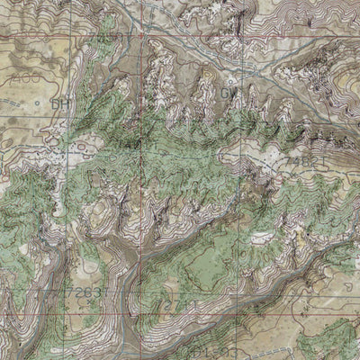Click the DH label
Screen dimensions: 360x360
(x=61, y=104)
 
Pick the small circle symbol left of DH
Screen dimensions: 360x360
(x=36, y=104)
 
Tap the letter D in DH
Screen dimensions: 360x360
(x=56, y=104)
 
